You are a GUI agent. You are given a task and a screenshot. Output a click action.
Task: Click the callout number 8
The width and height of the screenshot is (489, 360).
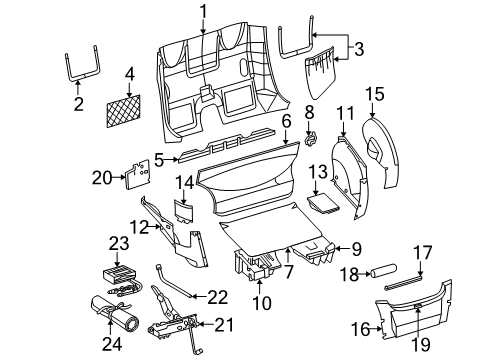click(309, 112)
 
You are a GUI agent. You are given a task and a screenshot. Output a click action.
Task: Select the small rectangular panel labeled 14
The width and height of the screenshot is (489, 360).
click(187, 211)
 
